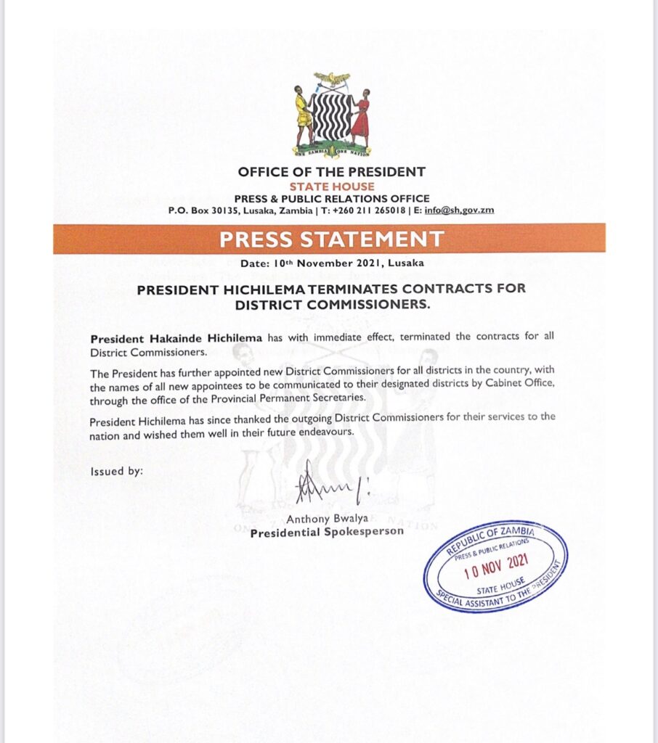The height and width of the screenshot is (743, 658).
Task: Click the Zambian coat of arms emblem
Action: pos(331,115)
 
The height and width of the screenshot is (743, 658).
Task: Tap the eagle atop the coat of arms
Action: pos(331,78)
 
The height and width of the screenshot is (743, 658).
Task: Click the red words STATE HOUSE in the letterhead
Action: pos(331,186)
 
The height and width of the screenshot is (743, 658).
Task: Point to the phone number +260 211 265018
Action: pos(367,210)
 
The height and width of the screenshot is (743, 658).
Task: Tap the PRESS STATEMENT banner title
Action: pos(331,239)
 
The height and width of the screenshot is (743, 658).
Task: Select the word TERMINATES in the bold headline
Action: pos(328,289)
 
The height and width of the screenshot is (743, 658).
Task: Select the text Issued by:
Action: pos(117,471)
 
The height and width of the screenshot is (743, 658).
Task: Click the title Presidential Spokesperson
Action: pos(326,533)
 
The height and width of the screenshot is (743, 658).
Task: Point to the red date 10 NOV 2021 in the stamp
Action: pos(494,565)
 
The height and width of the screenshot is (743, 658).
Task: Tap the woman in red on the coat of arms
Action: pos(360,116)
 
